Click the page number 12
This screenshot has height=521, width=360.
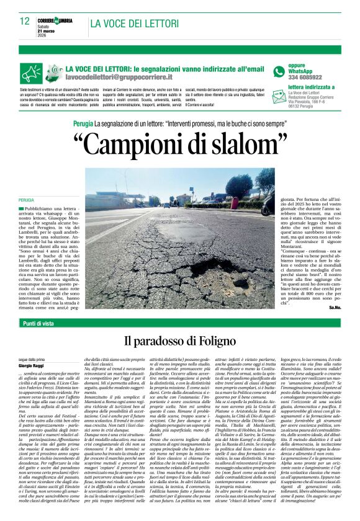[x=25, y=22]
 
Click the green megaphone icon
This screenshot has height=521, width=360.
[x=32, y=73]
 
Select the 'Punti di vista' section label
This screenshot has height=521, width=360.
[x=40, y=323]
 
